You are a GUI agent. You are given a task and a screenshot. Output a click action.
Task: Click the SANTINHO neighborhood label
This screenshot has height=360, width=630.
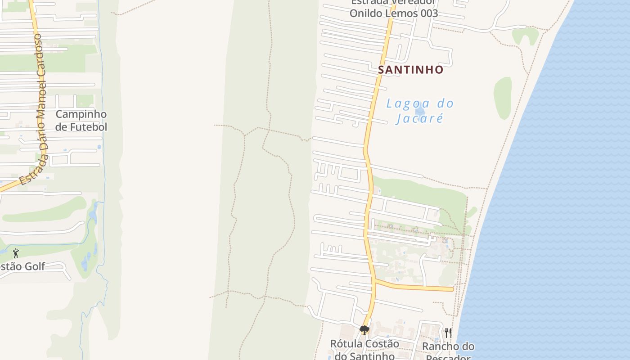[x=410, y=70]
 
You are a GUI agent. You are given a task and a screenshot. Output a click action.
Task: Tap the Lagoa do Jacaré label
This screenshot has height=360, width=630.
[x=420, y=111]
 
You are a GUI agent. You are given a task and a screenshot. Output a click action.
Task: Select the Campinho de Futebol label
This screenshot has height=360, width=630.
[x=81, y=121]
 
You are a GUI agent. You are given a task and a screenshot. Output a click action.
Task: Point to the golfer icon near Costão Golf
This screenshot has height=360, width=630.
[x=16, y=253]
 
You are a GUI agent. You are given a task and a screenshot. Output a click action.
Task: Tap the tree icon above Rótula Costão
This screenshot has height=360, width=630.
[x=364, y=331]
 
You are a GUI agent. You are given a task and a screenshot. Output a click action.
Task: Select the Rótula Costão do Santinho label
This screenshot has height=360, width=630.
[x=364, y=350]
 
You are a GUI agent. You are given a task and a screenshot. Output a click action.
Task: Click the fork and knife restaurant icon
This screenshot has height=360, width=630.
[x=448, y=333]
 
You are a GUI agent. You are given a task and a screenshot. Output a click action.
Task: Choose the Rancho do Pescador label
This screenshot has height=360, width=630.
[x=448, y=352]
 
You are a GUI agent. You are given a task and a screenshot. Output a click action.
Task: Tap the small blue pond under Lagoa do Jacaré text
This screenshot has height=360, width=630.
[x=420, y=111]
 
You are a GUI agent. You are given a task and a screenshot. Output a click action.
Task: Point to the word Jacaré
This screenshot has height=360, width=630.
[x=420, y=119]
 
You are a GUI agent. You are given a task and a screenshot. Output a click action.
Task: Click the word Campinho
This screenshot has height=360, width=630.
[x=81, y=114]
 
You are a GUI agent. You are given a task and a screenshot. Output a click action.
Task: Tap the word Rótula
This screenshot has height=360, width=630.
[x=346, y=344]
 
